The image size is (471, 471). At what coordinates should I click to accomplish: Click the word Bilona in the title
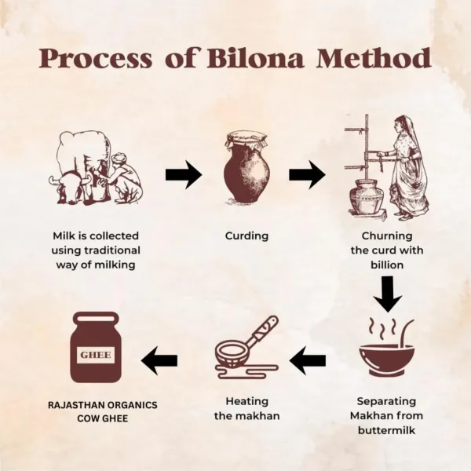255,58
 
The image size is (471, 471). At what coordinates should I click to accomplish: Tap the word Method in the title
374,58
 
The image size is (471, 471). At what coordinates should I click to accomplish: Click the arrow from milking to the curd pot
184,175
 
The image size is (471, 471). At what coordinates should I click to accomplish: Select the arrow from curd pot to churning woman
307,175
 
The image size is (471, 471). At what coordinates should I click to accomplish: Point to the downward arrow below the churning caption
388,294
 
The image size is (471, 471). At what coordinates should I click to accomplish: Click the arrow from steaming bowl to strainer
308,360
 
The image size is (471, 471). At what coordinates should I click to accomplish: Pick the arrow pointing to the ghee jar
159,360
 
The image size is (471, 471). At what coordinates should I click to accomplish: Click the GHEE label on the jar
96,355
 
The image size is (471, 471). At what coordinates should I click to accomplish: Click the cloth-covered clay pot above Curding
246,166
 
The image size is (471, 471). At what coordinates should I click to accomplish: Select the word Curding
246,236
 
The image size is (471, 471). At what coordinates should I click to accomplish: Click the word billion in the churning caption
387,265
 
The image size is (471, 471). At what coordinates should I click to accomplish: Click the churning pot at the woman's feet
363,196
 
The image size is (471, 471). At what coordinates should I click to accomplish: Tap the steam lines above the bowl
382,329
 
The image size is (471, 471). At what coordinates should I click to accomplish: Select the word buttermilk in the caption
387,430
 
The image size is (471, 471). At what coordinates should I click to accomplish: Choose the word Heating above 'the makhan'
247,401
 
